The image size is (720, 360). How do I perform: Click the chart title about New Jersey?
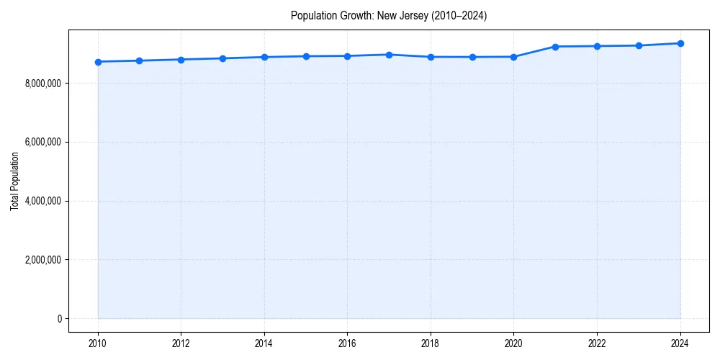coord(389,15)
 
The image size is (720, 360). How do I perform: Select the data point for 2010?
coord(98,62)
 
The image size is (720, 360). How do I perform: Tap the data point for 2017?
coord(389,55)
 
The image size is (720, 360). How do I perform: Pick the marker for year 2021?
coord(555,47)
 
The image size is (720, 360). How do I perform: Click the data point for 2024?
coord(680,43)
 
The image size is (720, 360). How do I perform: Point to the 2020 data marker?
coord(513,57)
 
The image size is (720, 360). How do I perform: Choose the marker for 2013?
coord(222,58)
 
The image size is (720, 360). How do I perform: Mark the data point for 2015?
coord(306,56)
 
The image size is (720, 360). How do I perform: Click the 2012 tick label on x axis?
coord(181,343)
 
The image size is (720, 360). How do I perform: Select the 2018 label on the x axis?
coord(431,343)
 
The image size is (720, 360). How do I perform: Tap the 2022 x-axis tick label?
coord(597,343)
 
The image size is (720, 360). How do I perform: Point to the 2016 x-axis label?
coord(347,343)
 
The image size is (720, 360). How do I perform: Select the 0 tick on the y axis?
coord(60,319)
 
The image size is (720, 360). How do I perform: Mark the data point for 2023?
coord(639,45)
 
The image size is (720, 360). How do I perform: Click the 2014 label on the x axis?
coord(264,343)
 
